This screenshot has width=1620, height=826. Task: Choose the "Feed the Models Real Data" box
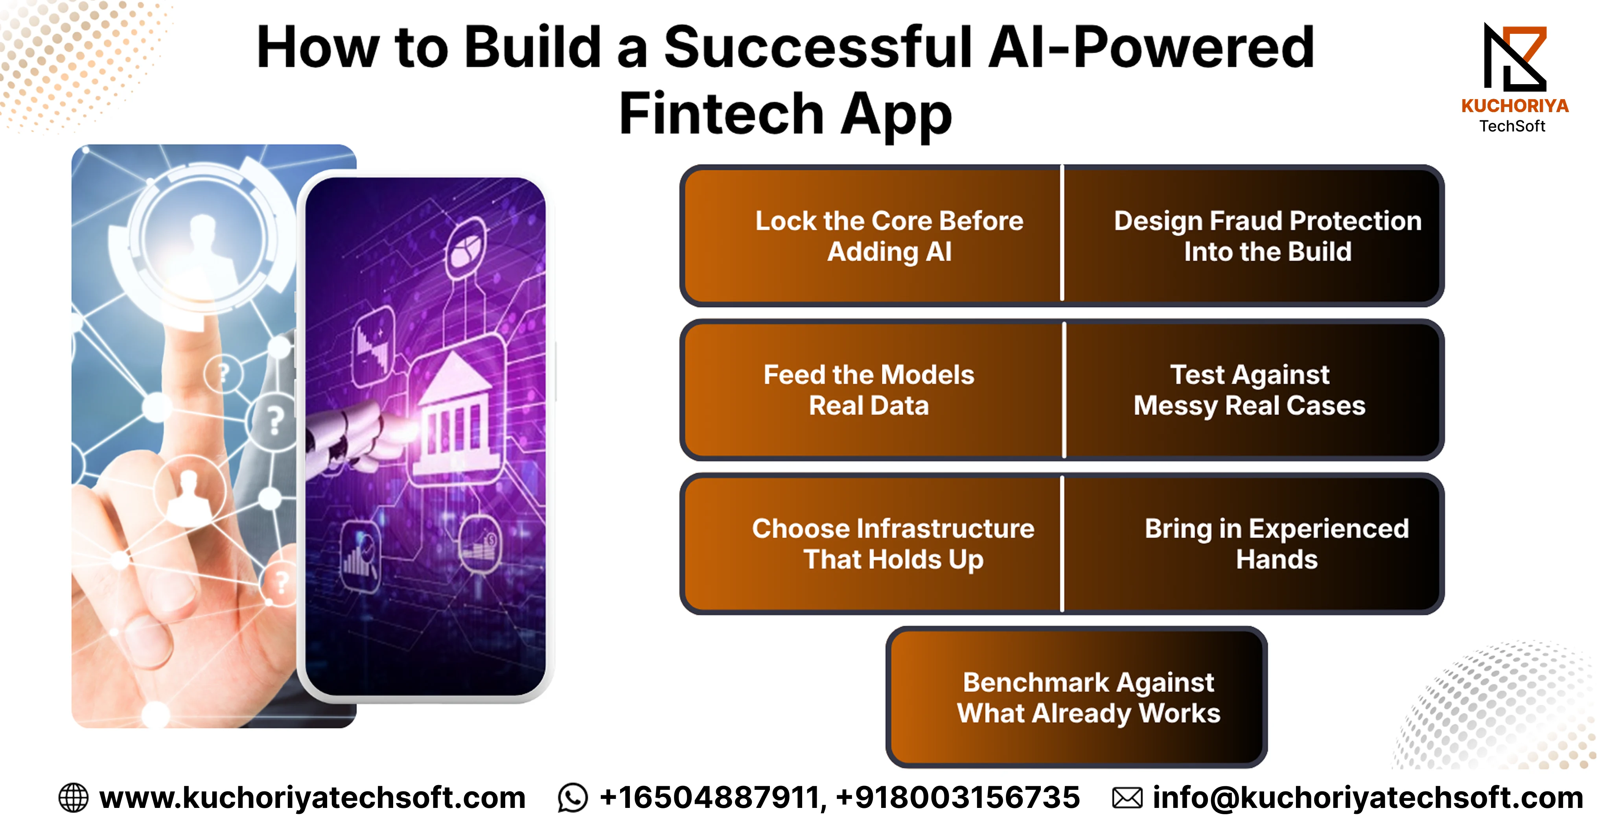click(x=872, y=390)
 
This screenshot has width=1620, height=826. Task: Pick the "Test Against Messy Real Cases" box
click(x=1253, y=390)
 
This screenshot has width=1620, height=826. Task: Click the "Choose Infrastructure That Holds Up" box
click(x=872, y=544)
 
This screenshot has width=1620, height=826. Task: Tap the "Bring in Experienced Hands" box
click(x=1253, y=544)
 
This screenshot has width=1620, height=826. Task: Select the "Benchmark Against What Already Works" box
click(x=1077, y=697)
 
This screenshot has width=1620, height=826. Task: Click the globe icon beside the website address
click(x=74, y=798)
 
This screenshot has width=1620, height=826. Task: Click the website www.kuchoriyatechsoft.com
click(x=313, y=798)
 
